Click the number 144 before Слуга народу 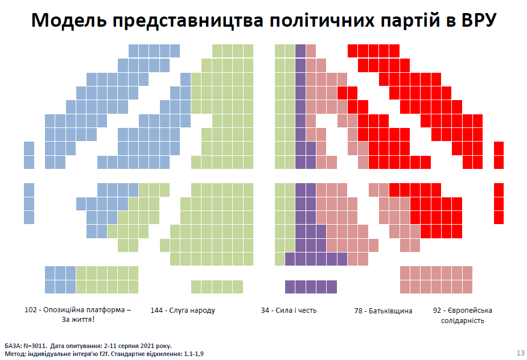point(157,311)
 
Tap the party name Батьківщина point(390,311)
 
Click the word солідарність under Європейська point(463,321)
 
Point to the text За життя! point(78,320)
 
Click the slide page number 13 point(520,353)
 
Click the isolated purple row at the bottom point(311,286)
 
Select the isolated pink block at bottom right point(436,279)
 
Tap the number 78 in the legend point(359,311)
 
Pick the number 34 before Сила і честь point(266,311)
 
